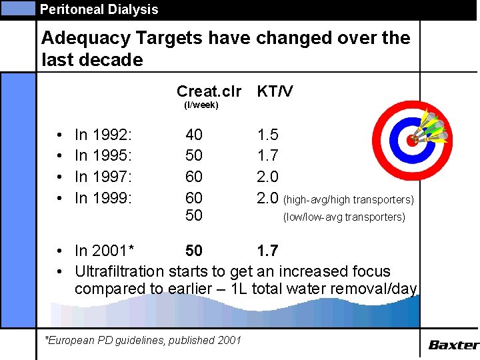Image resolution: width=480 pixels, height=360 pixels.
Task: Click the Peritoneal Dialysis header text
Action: click(99, 9)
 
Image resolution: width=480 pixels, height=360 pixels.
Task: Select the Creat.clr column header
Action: click(209, 91)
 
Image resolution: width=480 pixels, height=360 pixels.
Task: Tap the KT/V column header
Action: click(275, 91)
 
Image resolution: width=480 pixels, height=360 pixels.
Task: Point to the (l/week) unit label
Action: click(201, 105)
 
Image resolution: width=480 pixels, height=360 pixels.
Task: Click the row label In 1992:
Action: click(103, 135)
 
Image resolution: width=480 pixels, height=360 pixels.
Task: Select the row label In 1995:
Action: click(103, 156)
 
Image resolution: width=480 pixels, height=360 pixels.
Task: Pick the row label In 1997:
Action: click(103, 177)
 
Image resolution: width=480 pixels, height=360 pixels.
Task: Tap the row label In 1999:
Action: click(103, 197)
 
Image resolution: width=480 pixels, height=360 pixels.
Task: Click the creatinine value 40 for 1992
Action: click(194, 135)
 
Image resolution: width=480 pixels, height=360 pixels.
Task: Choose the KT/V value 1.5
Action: click(267, 135)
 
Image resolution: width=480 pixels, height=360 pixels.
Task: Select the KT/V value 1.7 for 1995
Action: click(267, 156)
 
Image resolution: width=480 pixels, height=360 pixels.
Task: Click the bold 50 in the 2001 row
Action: click(194, 251)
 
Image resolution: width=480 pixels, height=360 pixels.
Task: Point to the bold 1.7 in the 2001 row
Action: click(267, 251)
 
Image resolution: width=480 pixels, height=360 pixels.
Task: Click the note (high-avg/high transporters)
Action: click(349, 199)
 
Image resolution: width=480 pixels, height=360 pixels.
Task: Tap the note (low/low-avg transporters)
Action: click(343, 217)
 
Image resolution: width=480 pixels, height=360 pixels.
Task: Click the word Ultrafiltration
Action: click(119, 271)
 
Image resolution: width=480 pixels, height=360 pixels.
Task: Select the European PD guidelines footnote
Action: click(143, 340)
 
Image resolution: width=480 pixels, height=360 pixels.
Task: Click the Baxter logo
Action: click(453, 345)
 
